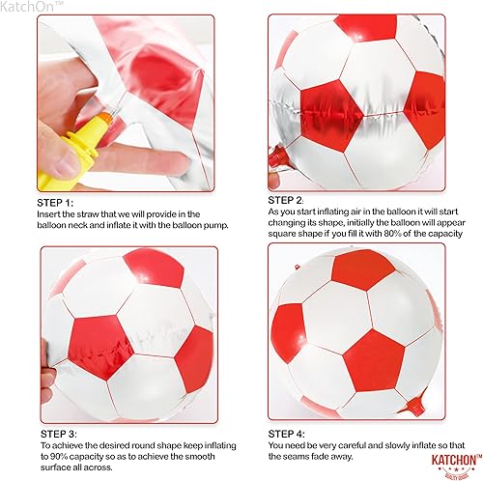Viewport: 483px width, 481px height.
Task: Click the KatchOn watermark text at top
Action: (30, 6)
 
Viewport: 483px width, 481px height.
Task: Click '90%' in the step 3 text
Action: (57, 457)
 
